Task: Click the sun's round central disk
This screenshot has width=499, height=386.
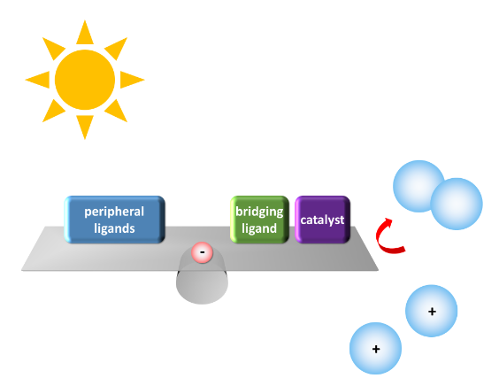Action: click(85, 80)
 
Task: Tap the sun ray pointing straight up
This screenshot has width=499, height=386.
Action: click(85, 35)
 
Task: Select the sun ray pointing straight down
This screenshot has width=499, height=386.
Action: click(85, 125)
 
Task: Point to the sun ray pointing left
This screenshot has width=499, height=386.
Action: click(40, 80)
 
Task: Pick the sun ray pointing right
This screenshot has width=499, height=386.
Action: click(130, 80)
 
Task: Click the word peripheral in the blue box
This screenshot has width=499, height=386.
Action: click(114, 212)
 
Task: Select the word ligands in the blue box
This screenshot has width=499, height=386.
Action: click(114, 228)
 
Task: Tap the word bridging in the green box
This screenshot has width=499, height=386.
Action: click(259, 212)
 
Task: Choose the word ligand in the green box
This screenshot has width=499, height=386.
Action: click(259, 228)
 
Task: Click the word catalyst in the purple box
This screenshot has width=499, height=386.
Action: click(322, 220)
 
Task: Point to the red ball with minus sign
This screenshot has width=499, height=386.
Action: click(202, 252)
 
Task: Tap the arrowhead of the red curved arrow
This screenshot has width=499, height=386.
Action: click(388, 221)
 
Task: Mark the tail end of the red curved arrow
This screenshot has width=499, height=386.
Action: click(403, 249)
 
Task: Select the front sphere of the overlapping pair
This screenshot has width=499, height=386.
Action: click(457, 204)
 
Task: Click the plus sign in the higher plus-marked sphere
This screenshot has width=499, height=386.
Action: click(432, 311)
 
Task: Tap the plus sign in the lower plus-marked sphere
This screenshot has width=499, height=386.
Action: click(376, 349)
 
